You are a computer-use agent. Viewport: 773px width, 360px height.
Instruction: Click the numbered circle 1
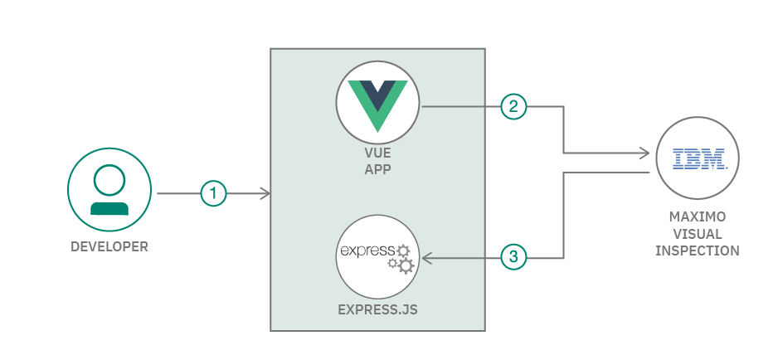(x=213, y=194)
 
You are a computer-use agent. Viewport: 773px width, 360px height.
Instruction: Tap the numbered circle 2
(x=513, y=106)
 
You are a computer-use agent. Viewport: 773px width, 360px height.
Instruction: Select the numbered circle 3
(x=513, y=257)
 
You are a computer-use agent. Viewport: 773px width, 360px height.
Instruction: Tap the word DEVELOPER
(x=109, y=246)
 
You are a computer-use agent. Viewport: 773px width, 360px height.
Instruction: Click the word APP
(x=377, y=169)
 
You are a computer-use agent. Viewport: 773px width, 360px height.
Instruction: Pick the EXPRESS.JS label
(x=377, y=311)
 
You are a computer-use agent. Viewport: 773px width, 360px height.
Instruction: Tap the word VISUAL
(x=698, y=235)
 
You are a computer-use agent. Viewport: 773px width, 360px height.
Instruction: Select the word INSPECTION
(x=698, y=251)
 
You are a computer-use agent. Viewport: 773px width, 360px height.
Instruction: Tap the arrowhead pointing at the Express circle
(x=426, y=258)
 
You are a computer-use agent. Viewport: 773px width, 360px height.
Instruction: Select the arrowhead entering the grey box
(x=265, y=194)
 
